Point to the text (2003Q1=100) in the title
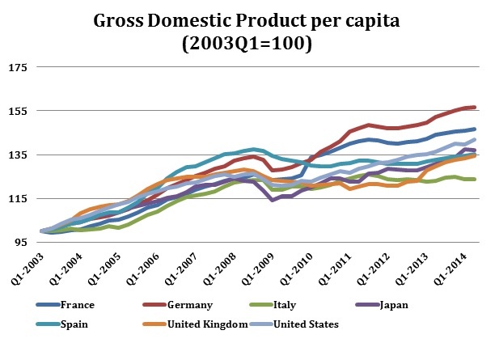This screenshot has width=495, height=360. click(x=248, y=44)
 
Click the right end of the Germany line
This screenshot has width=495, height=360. click(x=475, y=107)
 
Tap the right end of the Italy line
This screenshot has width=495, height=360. click(x=475, y=179)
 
